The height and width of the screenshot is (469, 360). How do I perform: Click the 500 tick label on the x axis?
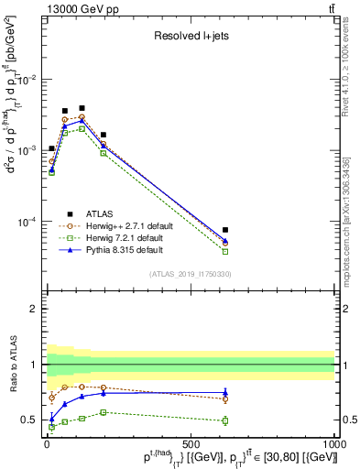coord(191,444)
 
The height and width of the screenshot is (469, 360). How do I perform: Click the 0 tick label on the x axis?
coord(47,444)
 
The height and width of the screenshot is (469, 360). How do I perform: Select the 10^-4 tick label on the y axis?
coord(27,222)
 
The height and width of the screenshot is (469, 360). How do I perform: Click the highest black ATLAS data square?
coord(82,108)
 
